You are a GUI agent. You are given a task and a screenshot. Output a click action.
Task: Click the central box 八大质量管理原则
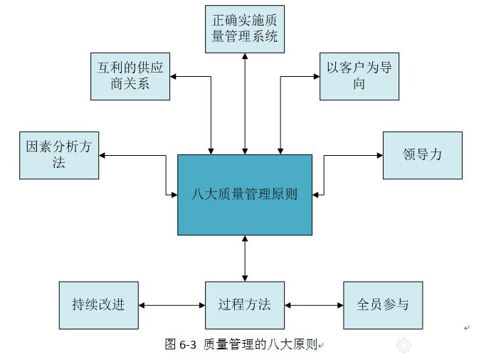click(244, 194)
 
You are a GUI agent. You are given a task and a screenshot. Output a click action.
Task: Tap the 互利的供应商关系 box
click(130, 75)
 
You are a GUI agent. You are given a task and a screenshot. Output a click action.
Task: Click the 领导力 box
click(422, 155)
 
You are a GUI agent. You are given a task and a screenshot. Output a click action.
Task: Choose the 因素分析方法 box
click(59, 155)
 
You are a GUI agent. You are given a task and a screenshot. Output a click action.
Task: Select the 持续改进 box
click(98, 305)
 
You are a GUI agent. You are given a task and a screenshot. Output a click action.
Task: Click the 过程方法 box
click(244, 305)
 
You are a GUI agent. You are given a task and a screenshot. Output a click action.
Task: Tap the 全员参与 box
click(383, 305)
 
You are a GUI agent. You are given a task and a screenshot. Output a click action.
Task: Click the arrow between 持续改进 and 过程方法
click(172, 305)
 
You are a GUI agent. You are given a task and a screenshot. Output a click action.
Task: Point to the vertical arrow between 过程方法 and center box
click(245, 258)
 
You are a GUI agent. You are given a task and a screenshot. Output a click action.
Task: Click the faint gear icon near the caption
click(404, 346)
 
